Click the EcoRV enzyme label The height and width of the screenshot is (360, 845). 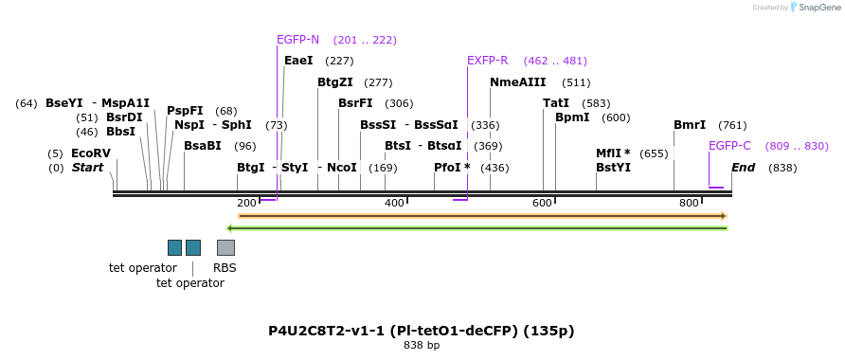[91, 153]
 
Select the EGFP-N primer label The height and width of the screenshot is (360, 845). [297, 40]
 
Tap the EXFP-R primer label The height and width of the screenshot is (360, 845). [487, 61]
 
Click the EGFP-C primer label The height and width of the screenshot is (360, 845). [729, 146]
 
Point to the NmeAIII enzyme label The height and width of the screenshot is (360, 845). [517, 82]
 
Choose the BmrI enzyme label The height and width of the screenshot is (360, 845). [690, 125]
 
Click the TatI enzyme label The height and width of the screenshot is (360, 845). [556, 103]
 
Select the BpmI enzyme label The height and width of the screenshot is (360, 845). [572, 117]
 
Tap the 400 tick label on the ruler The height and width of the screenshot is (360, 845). [394, 204]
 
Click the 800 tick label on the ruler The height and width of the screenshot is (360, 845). [689, 204]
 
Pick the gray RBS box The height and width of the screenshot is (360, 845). [225, 247]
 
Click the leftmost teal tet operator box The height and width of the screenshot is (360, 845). [174, 247]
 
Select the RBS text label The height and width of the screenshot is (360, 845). [225, 268]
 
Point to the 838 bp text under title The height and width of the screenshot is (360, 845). [422, 346]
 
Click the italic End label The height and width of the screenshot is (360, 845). [743, 168]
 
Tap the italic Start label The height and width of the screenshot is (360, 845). [87, 168]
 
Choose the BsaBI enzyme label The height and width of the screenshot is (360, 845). [202, 146]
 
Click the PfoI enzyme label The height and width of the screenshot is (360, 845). [452, 168]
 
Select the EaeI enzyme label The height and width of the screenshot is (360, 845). [298, 61]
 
